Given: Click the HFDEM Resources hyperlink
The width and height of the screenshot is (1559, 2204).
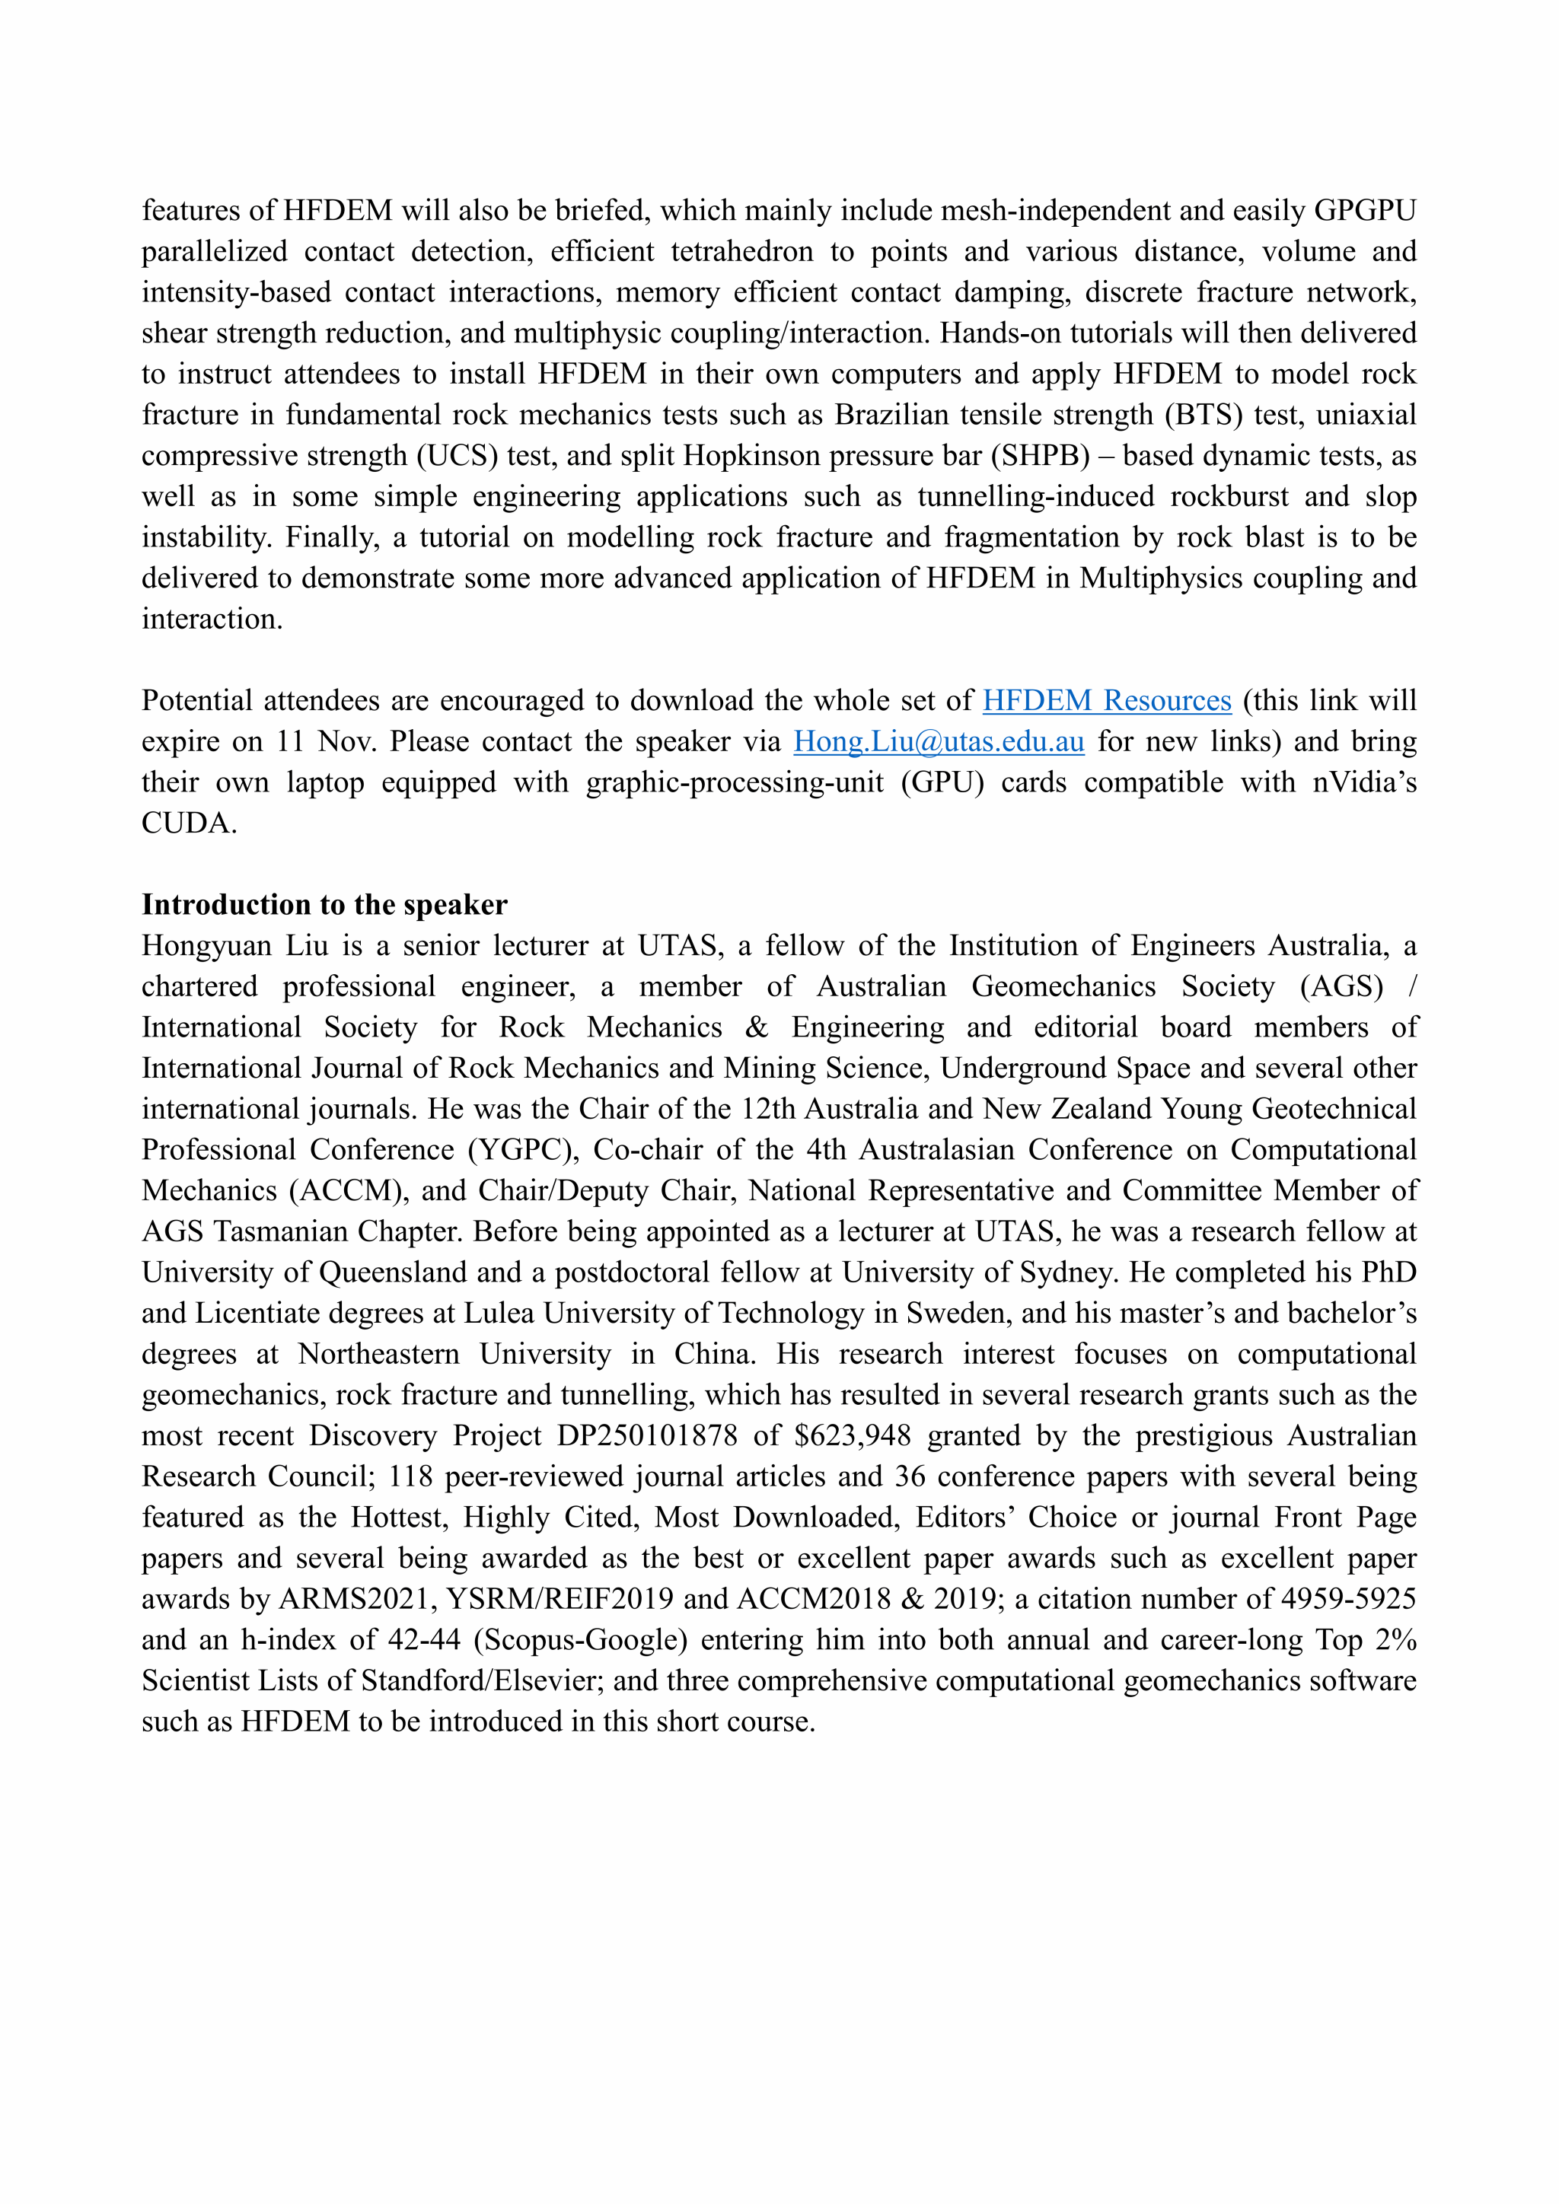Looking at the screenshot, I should (x=1106, y=701).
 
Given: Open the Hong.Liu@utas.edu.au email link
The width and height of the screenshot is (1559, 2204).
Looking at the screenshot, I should (x=938, y=742).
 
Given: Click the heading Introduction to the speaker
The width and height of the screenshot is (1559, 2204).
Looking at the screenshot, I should (x=324, y=904).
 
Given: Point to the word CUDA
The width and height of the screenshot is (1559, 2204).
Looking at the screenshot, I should (x=187, y=823).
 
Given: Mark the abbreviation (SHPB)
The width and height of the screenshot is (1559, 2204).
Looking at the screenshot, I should (x=1045, y=455).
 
